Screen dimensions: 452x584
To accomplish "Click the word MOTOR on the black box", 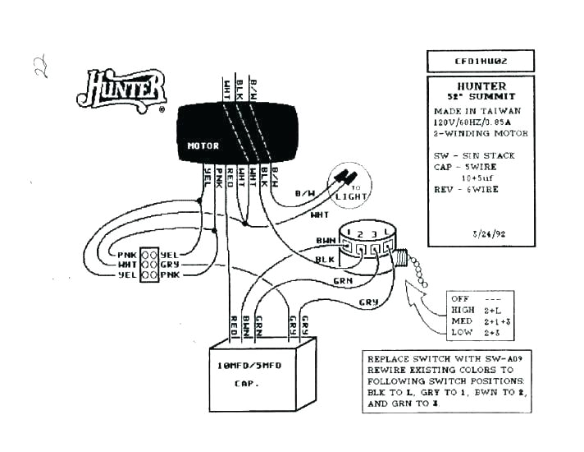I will coord(203,146).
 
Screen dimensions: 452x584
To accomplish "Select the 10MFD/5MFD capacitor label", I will coord(247,366).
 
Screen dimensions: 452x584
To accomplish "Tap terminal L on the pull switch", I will coord(385,235).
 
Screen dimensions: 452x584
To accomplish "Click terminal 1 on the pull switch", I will coord(350,235).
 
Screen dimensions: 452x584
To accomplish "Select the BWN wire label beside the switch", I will coord(326,240).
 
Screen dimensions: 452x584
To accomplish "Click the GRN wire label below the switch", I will coord(342,280).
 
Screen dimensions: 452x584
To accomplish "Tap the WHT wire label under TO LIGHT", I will coord(320,215).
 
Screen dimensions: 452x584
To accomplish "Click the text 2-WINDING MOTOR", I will coord(481,133).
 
